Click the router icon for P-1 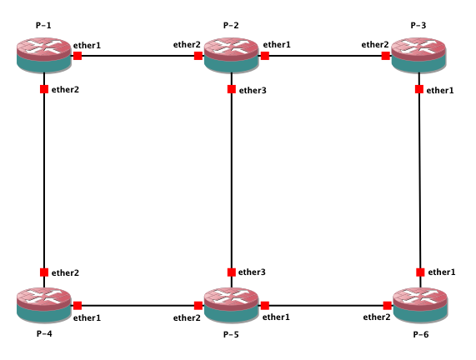pyautogui.click(x=44, y=55)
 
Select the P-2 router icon pyautogui.click(x=231, y=55)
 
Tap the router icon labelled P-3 pyautogui.click(x=419, y=55)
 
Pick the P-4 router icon pyautogui.click(x=44, y=305)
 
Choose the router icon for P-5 pyautogui.click(x=231, y=305)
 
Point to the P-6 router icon pyautogui.click(x=420, y=305)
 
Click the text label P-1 pyautogui.click(x=43, y=25)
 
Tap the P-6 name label pyautogui.click(x=421, y=334)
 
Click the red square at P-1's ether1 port pyautogui.click(x=78, y=56)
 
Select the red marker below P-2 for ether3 pyautogui.click(x=231, y=89)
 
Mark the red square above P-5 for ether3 pyautogui.click(x=231, y=272)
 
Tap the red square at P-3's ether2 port pyautogui.click(x=385, y=56)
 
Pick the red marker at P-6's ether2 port pyautogui.click(x=388, y=305)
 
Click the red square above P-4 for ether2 pyautogui.click(x=44, y=272)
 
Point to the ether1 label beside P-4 pyautogui.click(x=87, y=317)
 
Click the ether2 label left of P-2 pyautogui.click(x=187, y=45)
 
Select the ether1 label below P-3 pyautogui.click(x=440, y=90)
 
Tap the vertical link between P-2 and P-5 pyautogui.click(x=231, y=180)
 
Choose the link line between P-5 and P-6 pyautogui.click(x=326, y=305)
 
